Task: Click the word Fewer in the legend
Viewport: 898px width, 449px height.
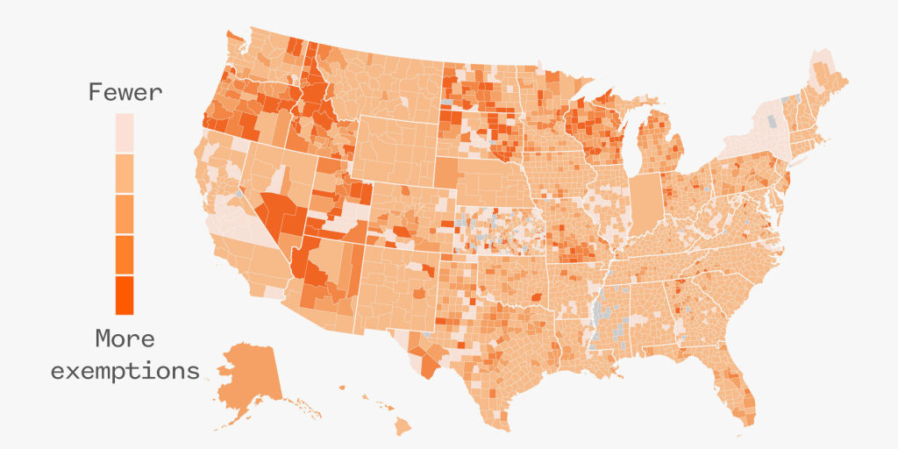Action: coord(125,93)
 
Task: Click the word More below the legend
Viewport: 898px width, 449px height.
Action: coord(125,338)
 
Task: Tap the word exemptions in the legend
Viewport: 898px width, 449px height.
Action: coord(125,370)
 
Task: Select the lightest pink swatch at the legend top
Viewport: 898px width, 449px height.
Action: coord(125,133)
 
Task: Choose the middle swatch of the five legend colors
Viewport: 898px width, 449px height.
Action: coord(125,214)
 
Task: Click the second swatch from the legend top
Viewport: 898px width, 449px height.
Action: coord(125,174)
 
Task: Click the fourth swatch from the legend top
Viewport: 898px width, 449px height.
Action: coord(125,254)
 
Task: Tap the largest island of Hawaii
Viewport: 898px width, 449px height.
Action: coord(402,426)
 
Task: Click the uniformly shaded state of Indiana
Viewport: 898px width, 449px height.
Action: coord(646,203)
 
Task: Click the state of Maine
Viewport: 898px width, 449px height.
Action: coord(828,83)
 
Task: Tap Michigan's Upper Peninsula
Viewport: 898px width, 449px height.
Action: coord(605,103)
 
